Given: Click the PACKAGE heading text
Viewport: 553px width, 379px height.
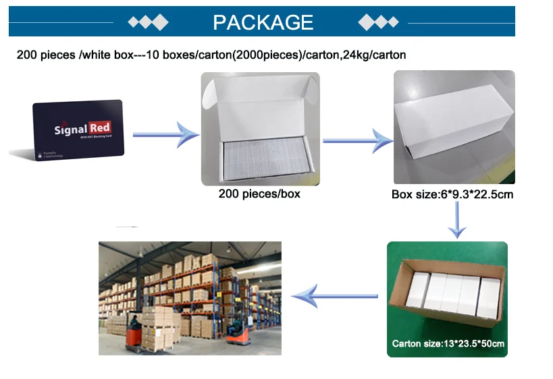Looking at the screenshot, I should coord(263,22).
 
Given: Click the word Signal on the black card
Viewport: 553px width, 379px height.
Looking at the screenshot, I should coord(70,129).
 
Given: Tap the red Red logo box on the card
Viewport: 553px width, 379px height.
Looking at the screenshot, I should coord(99,127).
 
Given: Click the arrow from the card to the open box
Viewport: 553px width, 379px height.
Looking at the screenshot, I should coord(165,136).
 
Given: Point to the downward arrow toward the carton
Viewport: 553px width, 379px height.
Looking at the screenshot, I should coord(458,220).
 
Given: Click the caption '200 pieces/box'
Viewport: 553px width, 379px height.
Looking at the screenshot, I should coord(259,194).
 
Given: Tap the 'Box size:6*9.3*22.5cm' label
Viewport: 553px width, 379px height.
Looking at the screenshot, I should coord(452,195).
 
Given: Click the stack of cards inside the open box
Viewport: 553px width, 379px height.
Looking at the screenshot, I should coord(260,156).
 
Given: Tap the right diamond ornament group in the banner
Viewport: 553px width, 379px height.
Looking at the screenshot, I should coord(379,22).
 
